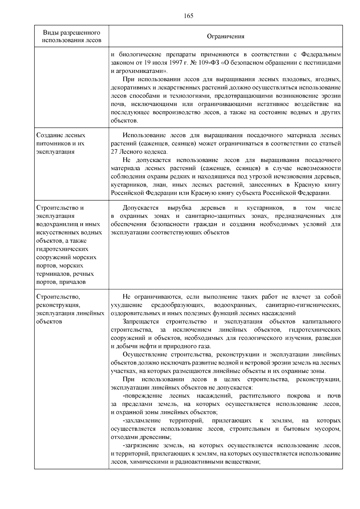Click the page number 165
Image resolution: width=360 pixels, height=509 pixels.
click(188, 16)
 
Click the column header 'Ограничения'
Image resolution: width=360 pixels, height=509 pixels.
click(226, 36)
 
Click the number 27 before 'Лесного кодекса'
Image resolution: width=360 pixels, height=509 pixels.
click(114, 151)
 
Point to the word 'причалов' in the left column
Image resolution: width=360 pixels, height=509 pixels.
click(72, 282)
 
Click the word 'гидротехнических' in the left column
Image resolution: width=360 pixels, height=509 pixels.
click(62, 249)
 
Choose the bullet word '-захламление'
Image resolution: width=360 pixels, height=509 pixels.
click(142, 421)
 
